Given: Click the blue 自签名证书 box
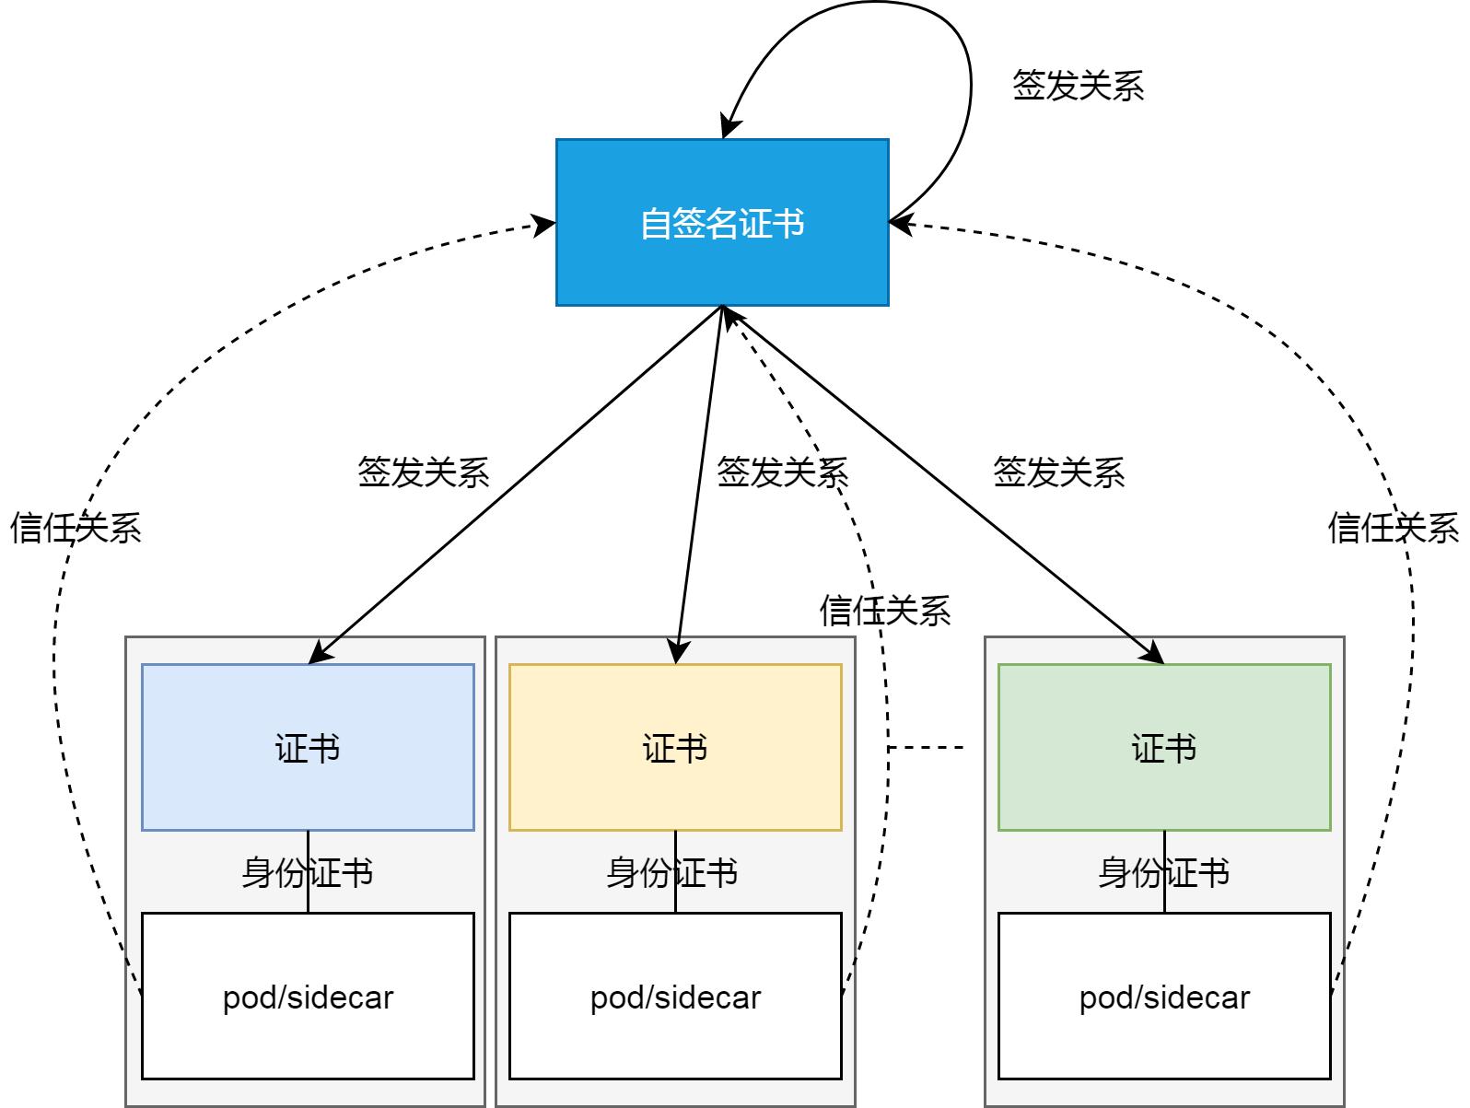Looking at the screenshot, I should pos(722,222).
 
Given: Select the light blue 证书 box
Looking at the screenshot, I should pos(308,747).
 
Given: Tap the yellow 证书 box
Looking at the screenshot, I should pos(675,747).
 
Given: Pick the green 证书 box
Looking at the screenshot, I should pos(1164,747).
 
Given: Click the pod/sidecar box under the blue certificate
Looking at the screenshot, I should pos(308,996).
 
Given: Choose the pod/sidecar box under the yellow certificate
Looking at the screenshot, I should pos(675,996).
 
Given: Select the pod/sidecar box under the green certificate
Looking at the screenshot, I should pos(1164,996).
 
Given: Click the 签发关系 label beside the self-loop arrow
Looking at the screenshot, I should pos(1078,86).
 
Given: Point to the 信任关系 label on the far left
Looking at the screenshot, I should pos(76,528).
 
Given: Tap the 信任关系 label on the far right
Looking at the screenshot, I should pos(1393,528).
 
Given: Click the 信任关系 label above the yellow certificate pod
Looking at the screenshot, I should pos(884,610).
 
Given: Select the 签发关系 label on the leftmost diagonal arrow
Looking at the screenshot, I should pos(423,472).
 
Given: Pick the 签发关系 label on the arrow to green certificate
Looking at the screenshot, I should pos(1058,472).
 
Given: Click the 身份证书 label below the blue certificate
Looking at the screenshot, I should pos(307,871).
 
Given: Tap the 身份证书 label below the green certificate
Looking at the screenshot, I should pos(1163,871).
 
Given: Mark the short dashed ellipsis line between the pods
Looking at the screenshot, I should pos(927,747).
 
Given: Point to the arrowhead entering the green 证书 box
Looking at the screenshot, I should pos(1155,655).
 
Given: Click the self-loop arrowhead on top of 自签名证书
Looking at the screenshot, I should pos(728,129).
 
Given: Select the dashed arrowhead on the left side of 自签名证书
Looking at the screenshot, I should pos(545,224).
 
